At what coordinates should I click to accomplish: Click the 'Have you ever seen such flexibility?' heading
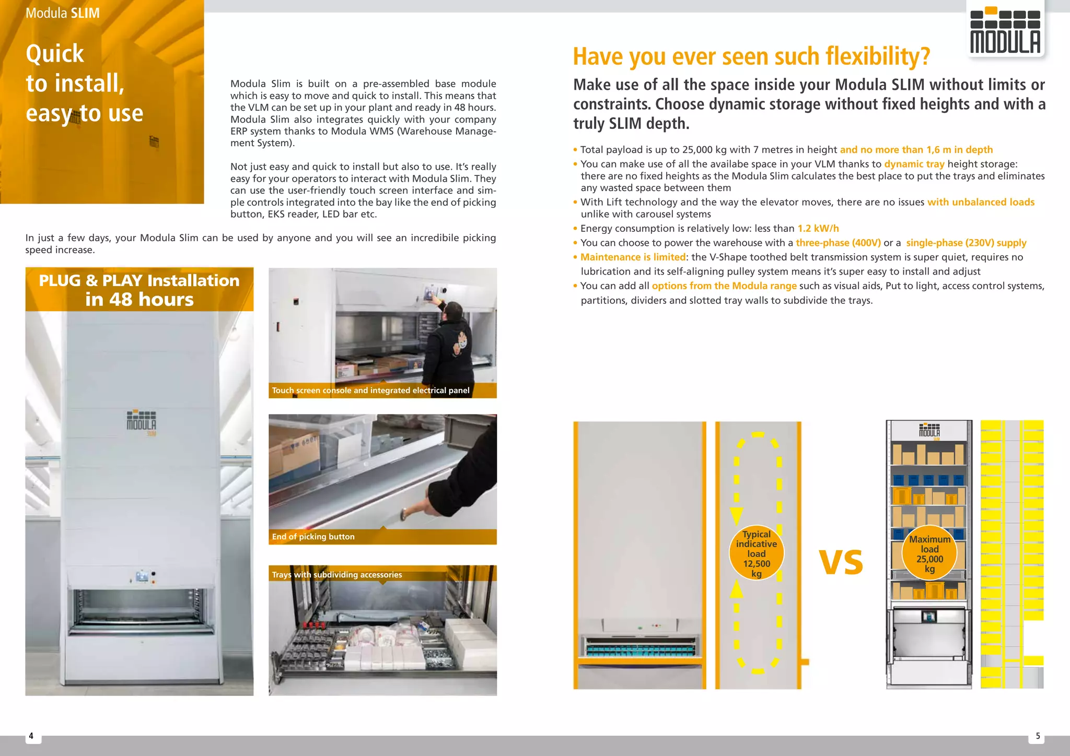tap(751, 56)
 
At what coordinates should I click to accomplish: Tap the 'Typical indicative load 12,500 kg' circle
tap(756, 553)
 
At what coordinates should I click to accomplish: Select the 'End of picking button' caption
tap(313, 537)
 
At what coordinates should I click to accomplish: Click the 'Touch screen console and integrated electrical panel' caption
tap(370, 391)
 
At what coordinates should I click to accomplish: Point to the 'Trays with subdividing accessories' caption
tap(337, 575)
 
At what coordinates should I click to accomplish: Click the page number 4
tap(31, 736)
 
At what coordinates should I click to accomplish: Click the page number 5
tap(1038, 736)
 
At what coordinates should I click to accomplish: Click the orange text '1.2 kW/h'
tap(818, 229)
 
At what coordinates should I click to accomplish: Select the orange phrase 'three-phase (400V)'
tap(838, 243)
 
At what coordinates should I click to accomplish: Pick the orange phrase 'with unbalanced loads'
tap(981, 202)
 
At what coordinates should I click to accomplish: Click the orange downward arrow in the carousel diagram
tap(737, 515)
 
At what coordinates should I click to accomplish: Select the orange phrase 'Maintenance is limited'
tap(633, 257)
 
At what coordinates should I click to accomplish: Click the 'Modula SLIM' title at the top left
tap(63, 13)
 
